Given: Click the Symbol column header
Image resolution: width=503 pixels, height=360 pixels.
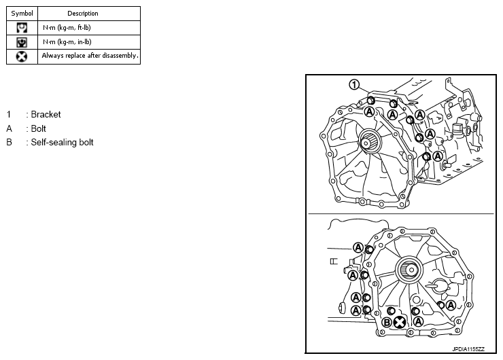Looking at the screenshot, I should [x=22, y=13].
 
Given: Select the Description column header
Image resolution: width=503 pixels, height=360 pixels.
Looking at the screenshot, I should [x=83, y=13].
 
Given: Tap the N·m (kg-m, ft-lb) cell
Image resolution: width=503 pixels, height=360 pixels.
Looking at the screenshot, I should [x=67, y=28].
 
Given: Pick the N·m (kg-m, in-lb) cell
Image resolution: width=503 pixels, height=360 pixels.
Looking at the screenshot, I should [x=67, y=42].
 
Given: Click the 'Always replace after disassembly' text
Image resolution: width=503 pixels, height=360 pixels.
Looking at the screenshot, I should [x=90, y=56].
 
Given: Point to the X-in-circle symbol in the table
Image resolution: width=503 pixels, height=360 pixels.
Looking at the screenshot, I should [x=22, y=56].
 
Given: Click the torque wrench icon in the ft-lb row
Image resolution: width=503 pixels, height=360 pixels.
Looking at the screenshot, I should [x=22, y=28].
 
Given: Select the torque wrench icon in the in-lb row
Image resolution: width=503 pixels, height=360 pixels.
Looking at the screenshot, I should [x=22, y=42].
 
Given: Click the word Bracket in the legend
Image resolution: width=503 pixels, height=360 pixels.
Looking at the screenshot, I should [x=46, y=115].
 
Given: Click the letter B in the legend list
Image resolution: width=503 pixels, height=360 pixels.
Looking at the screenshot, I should [x=10, y=143].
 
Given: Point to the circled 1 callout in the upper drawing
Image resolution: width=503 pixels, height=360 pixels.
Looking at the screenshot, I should [x=353, y=85].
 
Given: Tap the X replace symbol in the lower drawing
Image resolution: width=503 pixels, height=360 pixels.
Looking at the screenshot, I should [x=400, y=323].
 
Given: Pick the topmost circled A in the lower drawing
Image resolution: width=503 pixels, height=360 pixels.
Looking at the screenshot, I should [x=358, y=247].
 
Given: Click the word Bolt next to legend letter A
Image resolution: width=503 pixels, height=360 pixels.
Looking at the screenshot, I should [x=38, y=128].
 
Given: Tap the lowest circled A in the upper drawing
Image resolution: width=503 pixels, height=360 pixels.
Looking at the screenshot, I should [x=438, y=156].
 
